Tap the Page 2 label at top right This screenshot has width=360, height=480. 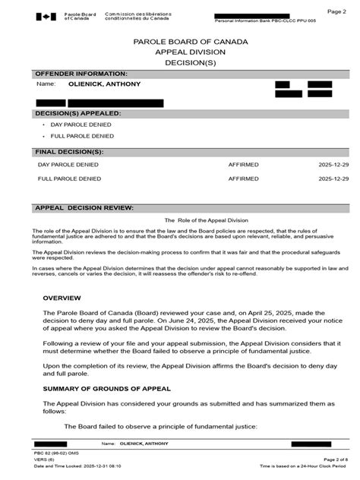click(336, 11)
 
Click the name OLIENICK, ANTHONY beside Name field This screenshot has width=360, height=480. click(105, 84)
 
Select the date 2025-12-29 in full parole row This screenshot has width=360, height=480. click(334, 179)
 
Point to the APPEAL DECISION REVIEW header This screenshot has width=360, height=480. click(85, 207)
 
